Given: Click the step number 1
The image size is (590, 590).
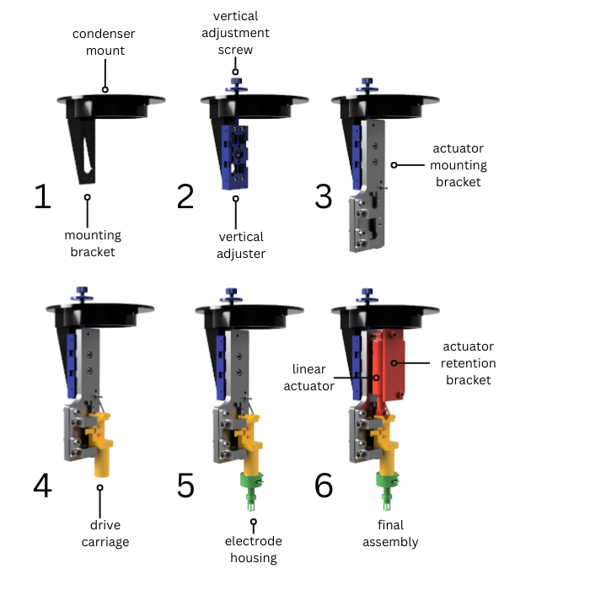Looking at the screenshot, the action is click(x=42, y=196).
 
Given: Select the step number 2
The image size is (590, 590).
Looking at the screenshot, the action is click(x=185, y=196).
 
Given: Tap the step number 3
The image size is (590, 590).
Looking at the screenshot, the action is click(x=324, y=196).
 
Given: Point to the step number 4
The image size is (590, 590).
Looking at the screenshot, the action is click(x=42, y=485).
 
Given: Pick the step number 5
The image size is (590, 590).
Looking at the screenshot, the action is click(x=185, y=485).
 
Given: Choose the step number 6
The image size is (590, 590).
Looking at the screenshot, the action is click(x=324, y=485).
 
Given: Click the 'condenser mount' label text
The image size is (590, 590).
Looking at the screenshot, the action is click(x=104, y=42).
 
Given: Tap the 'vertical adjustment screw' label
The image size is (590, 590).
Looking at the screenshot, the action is click(x=235, y=33).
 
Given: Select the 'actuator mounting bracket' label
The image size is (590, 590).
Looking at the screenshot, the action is click(x=459, y=165).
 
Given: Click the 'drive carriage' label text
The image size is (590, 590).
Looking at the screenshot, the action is click(x=105, y=534).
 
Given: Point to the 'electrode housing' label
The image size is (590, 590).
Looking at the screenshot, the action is click(x=254, y=550).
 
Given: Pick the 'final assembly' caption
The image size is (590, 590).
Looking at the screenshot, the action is click(x=390, y=534).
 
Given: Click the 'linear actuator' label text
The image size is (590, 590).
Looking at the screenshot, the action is click(x=309, y=378).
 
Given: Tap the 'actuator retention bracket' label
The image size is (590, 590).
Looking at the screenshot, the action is click(x=469, y=363).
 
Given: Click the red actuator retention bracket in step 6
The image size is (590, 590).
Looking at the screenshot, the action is click(x=391, y=365).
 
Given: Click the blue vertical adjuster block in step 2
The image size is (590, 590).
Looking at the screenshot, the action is click(x=235, y=157).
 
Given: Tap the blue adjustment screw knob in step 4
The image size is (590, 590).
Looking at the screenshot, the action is click(x=82, y=294).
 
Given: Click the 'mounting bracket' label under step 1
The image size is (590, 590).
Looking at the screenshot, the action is click(x=93, y=244).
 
